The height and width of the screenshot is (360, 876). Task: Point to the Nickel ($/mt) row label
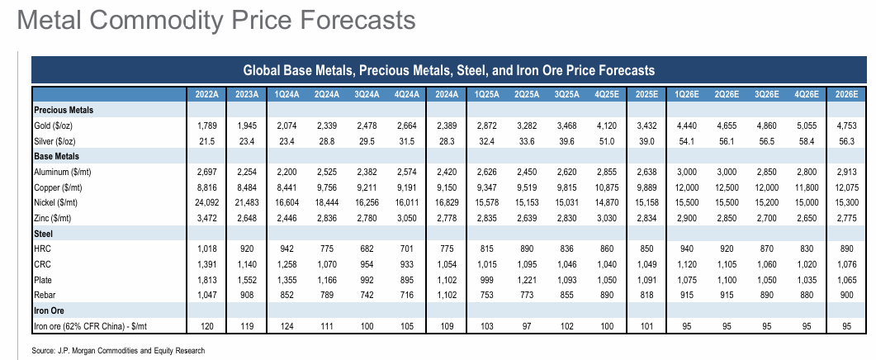pyautogui.click(x=58, y=202)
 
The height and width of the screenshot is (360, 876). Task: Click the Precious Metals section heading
pyautogui.click(x=64, y=109)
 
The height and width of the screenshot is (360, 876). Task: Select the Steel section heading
pyautogui.click(x=44, y=234)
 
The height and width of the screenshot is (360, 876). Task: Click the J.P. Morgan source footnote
pyautogui.click(x=118, y=351)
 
